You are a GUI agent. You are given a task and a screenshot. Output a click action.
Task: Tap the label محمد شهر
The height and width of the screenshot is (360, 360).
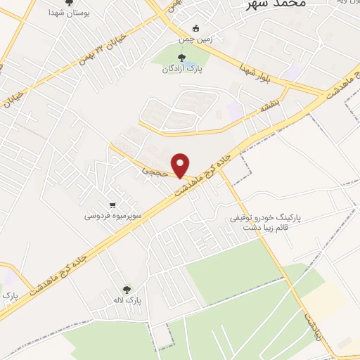(x=275, y=4)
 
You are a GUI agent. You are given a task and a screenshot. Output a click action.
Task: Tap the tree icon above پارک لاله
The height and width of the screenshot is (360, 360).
(x=127, y=289)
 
